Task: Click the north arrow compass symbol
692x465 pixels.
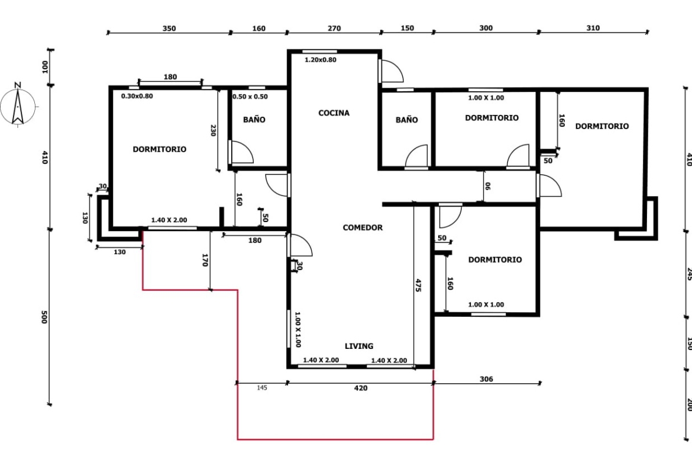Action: pyautogui.click(x=17, y=105)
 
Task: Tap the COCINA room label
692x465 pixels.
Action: pyautogui.click(x=334, y=113)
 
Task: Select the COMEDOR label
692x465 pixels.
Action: pyautogui.click(x=363, y=227)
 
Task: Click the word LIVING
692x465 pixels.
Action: pyautogui.click(x=359, y=346)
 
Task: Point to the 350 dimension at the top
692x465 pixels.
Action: pyautogui.click(x=169, y=28)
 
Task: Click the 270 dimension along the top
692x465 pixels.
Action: pyautogui.click(x=334, y=28)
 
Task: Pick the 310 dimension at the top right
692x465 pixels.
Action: pyautogui.click(x=593, y=28)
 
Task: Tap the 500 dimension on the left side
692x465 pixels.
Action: pyautogui.click(x=44, y=317)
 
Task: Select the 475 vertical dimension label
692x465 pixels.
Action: pyautogui.click(x=418, y=285)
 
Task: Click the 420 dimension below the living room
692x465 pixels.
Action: pyautogui.click(x=361, y=388)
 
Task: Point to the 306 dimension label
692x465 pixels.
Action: pyautogui.click(x=486, y=379)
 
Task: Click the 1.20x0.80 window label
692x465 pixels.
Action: pyautogui.click(x=321, y=60)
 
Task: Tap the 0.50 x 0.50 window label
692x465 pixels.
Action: pyautogui.click(x=250, y=97)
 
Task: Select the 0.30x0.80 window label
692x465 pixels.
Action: pyautogui.click(x=137, y=96)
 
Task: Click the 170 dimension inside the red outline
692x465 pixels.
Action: pyautogui.click(x=205, y=260)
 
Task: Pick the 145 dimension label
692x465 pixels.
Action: pyautogui.click(x=261, y=387)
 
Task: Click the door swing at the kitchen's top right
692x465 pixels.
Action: pyautogui.click(x=391, y=70)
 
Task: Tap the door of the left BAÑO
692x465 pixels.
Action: pyautogui.click(x=241, y=152)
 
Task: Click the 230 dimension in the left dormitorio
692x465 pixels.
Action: pyautogui.click(x=213, y=130)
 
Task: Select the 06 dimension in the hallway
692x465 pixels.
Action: pyautogui.click(x=488, y=186)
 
